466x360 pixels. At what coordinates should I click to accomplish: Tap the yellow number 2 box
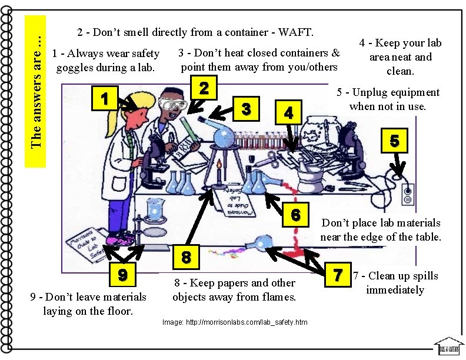(x=203, y=88)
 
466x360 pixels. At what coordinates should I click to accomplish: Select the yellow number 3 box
(x=247, y=108)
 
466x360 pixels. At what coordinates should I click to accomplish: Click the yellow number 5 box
(x=394, y=139)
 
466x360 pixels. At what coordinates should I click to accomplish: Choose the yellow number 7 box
(x=337, y=275)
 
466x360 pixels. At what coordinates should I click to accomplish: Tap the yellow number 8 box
(x=186, y=256)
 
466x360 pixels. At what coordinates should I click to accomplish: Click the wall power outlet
(x=407, y=193)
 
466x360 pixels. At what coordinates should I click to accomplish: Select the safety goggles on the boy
(x=175, y=104)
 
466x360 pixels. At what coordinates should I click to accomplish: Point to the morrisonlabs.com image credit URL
(x=234, y=322)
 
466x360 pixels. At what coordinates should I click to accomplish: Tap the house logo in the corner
(x=449, y=346)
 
